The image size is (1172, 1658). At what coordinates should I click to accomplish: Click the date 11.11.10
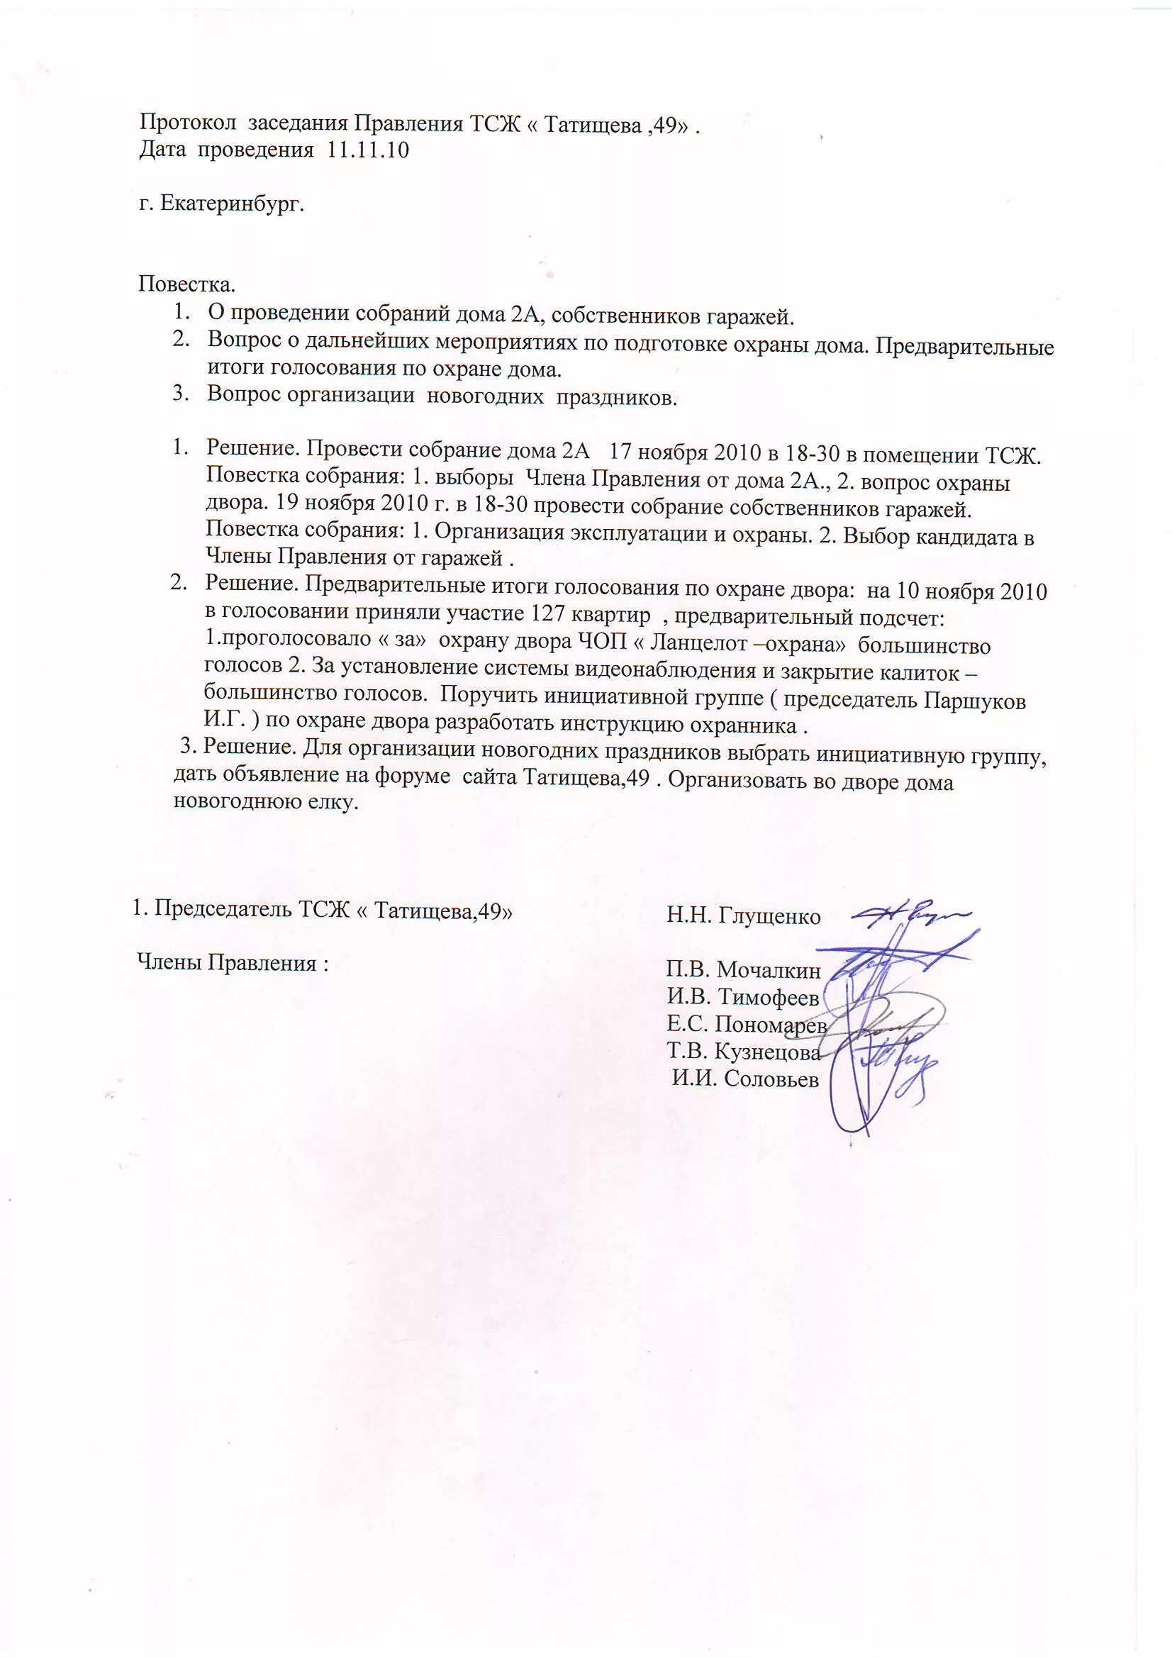pyautogui.click(x=368, y=150)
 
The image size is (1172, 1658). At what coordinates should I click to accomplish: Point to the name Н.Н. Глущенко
pyautogui.click(x=743, y=916)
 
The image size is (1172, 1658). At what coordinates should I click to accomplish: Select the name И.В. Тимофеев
pyautogui.click(x=743, y=997)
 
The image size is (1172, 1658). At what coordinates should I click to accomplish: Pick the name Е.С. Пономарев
pyautogui.click(x=747, y=1025)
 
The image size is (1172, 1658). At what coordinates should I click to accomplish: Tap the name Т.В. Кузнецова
pyautogui.click(x=744, y=1052)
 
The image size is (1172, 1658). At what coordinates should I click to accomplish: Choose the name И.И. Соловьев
pyautogui.click(x=746, y=1079)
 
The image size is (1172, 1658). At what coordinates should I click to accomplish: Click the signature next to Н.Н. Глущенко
pyautogui.click(x=911, y=914)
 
